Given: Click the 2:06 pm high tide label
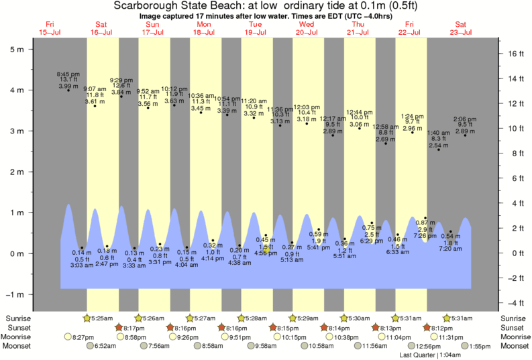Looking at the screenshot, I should [465, 119].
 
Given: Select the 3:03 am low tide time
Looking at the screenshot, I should [82, 266].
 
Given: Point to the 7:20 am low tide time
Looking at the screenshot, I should [450, 249].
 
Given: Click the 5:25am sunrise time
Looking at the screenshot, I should [103, 317].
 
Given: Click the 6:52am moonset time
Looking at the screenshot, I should [107, 346].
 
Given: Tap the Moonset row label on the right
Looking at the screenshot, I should [514, 346].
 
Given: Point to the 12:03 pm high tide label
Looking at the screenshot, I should [307, 107].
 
